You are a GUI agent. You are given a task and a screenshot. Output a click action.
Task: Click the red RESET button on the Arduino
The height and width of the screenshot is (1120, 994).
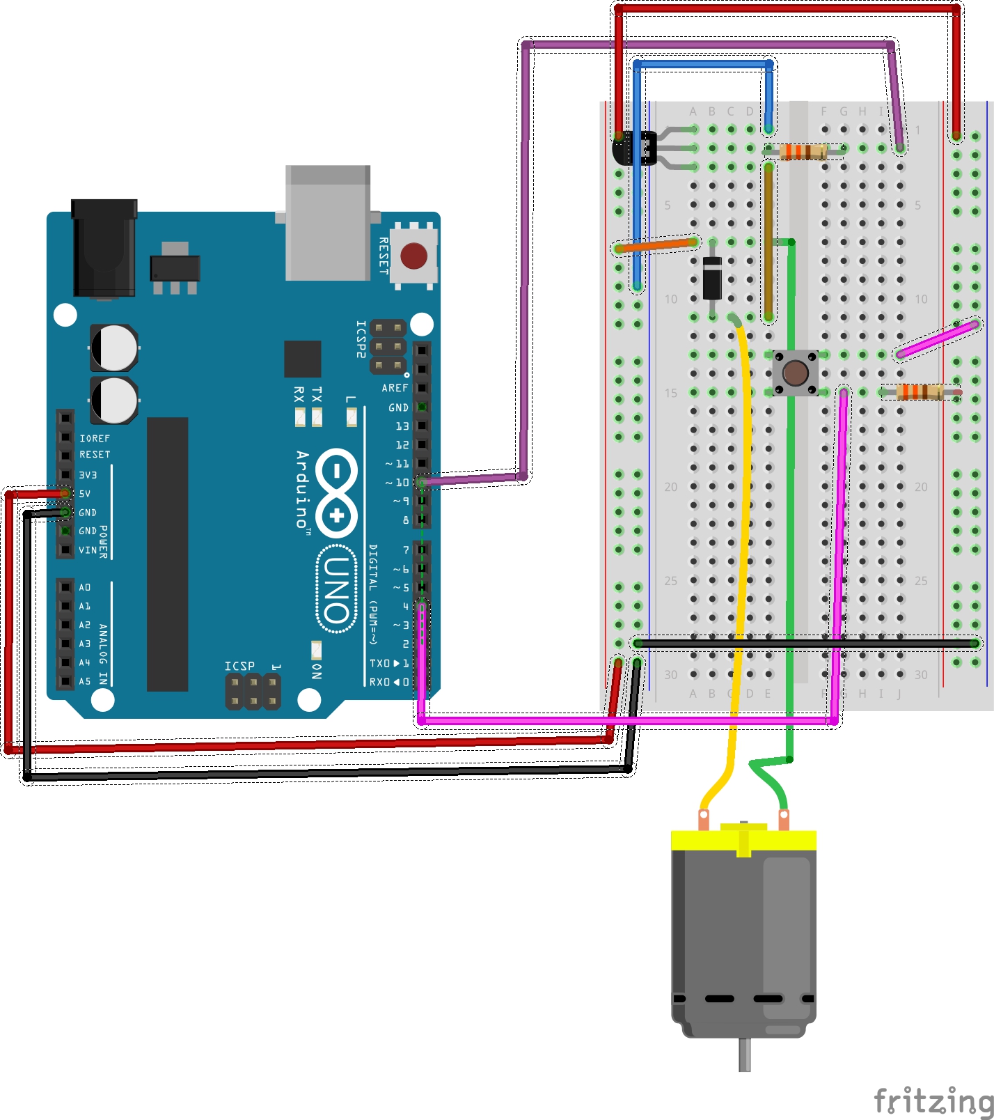[413, 256]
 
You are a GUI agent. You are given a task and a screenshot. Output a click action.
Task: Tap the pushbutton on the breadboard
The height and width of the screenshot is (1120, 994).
[795, 373]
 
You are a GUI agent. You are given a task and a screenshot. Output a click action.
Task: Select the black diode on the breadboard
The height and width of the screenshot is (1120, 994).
[712, 277]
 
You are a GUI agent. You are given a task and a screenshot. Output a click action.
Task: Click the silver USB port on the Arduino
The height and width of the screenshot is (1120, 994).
[328, 223]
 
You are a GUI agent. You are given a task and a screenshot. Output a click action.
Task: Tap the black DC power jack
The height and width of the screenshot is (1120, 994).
[104, 247]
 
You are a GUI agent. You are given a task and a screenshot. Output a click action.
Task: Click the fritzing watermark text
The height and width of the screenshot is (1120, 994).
[933, 1101]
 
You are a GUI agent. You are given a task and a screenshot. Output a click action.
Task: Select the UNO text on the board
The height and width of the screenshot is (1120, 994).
[336, 589]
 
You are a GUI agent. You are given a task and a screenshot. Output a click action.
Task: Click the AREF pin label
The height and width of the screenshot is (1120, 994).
[395, 388]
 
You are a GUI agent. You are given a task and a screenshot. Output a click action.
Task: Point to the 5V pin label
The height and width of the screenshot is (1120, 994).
[85, 494]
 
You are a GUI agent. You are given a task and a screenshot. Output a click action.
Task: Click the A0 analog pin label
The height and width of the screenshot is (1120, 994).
[85, 588]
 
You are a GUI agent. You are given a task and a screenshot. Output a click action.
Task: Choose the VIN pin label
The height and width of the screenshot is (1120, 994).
[88, 550]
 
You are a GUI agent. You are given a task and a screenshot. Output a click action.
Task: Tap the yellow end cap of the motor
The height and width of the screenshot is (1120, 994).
[743, 839]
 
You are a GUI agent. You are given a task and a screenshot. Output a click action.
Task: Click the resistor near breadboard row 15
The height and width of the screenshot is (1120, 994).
[920, 392]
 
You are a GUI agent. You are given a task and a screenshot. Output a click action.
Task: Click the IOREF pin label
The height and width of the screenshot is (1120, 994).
[95, 438]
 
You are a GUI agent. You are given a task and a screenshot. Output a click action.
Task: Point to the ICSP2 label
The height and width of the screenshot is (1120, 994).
[361, 339]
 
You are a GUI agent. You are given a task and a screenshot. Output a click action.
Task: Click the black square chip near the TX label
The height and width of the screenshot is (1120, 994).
[302, 359]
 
